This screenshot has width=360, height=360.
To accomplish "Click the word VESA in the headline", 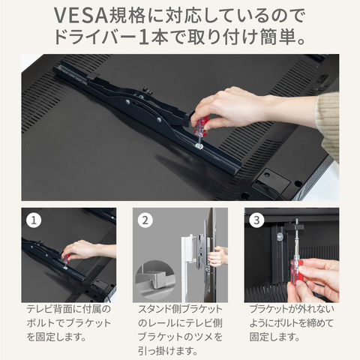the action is (x=81, y=16).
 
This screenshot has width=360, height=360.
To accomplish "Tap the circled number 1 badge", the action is (x=34, y=220).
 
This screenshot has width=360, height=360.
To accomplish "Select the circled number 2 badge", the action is (x=145, y=220).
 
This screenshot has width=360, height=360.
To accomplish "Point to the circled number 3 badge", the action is (x=256, y=220).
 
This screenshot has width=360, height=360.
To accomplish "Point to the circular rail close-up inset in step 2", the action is (x=155, y=277).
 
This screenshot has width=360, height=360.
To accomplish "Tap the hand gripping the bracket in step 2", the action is (x=217, y=256).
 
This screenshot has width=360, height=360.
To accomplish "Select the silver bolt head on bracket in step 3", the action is (x=280, y=235).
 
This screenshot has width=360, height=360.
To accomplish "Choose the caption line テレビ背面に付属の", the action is (x=69, y=310).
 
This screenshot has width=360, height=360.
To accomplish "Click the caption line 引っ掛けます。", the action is (x=168, y=351).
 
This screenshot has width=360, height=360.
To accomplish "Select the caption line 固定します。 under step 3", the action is (x=274, y=337).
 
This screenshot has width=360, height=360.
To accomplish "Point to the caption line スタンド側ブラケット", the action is (x=180, y=310).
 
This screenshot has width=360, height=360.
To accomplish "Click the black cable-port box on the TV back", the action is (x=271, y=182).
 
